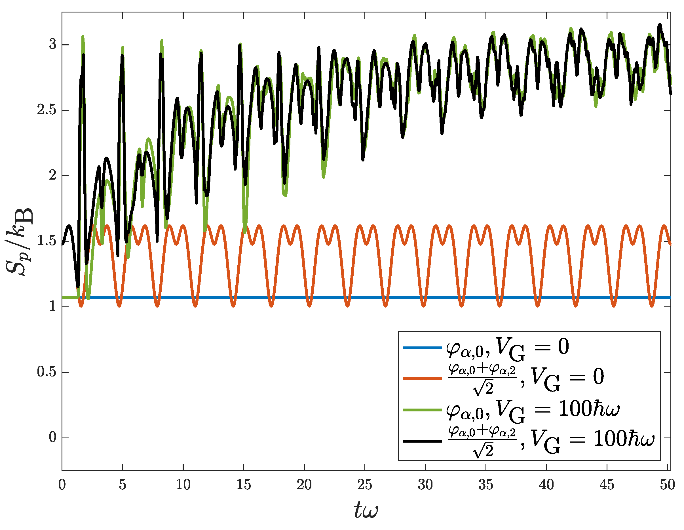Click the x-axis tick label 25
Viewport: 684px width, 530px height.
coord(365,485)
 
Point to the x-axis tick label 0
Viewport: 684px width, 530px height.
coord(62,485)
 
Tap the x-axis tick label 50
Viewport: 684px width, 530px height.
coord(667,485)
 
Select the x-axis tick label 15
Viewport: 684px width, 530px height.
coord(244,485)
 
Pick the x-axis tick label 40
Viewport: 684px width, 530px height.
coord(546,485)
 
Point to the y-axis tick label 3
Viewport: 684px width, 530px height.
coord(52,44)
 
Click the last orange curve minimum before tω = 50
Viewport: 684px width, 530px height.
coord(652,305)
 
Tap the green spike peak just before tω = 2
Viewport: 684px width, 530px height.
coord(83,37)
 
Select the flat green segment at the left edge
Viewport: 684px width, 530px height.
coord(69,297)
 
